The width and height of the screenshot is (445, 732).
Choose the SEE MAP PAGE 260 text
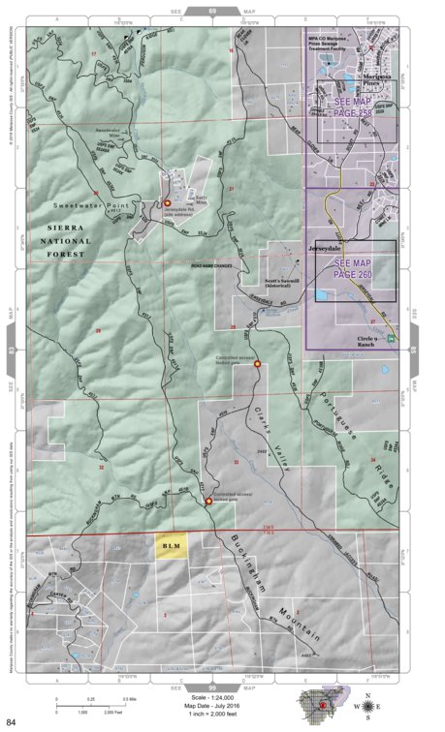[x=354, y=269]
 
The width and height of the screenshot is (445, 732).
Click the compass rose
[x=370, y=708]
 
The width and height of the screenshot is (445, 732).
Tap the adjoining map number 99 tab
[x=212, y=688]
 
